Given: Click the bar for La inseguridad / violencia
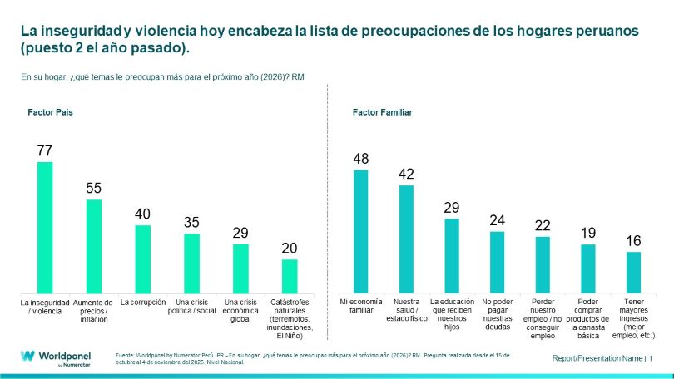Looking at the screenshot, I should tap(45, 225).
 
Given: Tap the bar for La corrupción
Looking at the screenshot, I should tap(142, 257).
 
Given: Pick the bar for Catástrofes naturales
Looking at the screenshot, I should tap(289, 274).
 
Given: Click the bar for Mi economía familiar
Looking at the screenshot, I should tap(361, 229).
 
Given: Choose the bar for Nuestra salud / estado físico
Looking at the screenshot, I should tap(406, 237).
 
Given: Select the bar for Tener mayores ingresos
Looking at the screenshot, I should tap(633, 270).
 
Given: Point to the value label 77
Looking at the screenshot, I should tap(45, 150).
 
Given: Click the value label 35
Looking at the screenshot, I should tap(191, 223).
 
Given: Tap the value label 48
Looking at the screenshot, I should tap(361, 159).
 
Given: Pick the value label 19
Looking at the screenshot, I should tap(587, 233).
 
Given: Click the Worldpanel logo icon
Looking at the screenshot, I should tap(27, 357).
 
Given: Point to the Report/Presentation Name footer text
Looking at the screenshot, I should tap(597, 358).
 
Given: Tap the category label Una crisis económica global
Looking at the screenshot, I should tap(240, 309).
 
